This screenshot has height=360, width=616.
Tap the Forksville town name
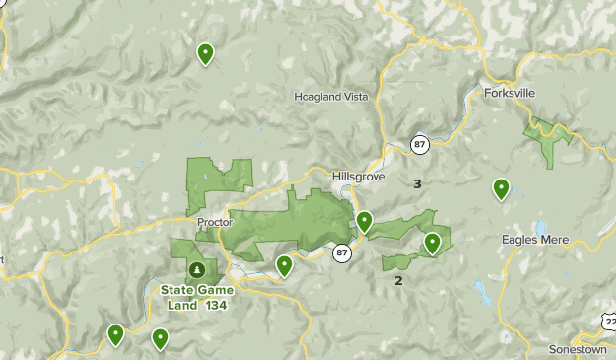511,93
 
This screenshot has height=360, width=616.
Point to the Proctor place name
213,222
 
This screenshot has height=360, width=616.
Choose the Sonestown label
578,350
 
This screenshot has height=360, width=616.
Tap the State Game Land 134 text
200,296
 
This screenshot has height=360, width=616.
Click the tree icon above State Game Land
197,269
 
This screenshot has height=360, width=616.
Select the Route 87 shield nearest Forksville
420,145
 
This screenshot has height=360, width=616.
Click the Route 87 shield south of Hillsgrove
342,252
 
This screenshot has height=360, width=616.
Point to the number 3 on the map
417,183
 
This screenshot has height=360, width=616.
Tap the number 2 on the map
398,280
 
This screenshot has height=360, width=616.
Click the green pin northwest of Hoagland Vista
205,53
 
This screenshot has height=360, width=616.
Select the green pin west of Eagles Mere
501,187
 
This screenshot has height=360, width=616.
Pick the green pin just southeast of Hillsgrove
364,221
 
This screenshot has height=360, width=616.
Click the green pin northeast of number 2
432,242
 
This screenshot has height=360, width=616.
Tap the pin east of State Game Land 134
285,264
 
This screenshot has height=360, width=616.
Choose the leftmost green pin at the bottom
116,334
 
